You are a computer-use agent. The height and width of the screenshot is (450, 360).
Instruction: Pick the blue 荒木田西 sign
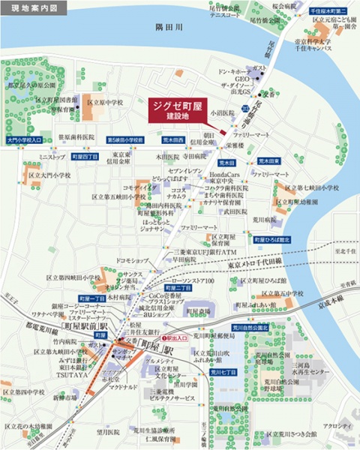tap(172, 139)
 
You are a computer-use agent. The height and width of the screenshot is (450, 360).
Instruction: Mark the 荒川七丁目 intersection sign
tap(223, 372)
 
